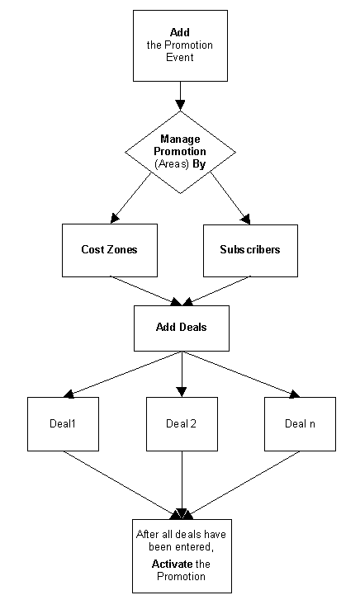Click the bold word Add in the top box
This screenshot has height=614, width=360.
click(x=180, y=32)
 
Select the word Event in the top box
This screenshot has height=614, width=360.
click(x=180, y=57)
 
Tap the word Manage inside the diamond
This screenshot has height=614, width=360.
click(x=180, y=139)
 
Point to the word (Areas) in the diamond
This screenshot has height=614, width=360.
click(x=172, y=164)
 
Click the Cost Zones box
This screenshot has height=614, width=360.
click(x=110, y=251)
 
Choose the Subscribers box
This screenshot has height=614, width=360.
click(x=250, y=251)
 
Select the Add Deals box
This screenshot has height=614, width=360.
click(x=182, y=328)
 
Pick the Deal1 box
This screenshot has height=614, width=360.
click(x=63, y=424)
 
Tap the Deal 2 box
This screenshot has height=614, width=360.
click(x=182, y=424)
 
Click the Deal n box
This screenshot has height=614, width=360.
click(x=300, y=424)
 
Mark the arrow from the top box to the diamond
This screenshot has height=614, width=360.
click(x=180, y=97)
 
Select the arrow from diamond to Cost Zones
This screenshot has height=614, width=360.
click(x=130, y=198)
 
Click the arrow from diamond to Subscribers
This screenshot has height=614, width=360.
click(x=230, y=198)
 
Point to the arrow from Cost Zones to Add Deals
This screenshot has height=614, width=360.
click(x=145, y=291)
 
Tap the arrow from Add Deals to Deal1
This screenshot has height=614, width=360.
click(x=122, y=375)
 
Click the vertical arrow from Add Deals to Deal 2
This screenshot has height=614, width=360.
click(x=182, y=375)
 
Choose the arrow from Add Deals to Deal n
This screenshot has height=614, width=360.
click(x=241, y=375)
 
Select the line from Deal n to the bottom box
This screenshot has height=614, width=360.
click(x=244, y=483)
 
